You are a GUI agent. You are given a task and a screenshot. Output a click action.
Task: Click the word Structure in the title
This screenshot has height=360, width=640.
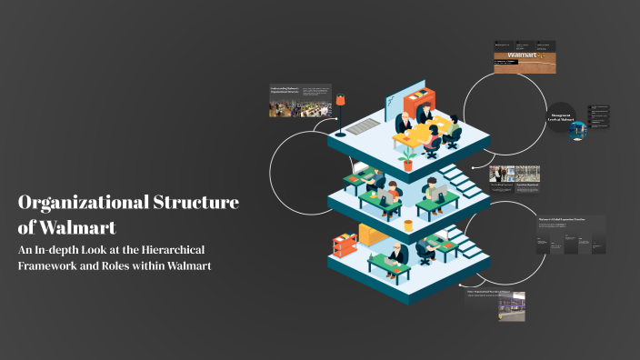pos(194,203)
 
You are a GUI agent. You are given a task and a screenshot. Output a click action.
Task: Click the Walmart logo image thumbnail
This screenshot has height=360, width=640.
pos(524,60)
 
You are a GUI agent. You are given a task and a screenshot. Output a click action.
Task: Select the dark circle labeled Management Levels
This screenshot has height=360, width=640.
pos(560,116)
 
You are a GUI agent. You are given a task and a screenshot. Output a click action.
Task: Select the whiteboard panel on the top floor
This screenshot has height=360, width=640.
pos(408,96)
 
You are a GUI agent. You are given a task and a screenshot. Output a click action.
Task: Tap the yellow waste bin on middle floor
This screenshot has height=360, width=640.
pos(408,224)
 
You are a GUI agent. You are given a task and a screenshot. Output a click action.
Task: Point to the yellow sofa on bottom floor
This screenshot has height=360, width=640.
pos(373,235)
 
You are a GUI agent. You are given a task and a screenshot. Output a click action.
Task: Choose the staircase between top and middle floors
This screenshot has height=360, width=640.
pos(465,182)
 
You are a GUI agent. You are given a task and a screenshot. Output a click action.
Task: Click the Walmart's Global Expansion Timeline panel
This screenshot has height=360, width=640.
pos(571,235)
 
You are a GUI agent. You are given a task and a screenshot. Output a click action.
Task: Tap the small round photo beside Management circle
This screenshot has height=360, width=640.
pos(578,130)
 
